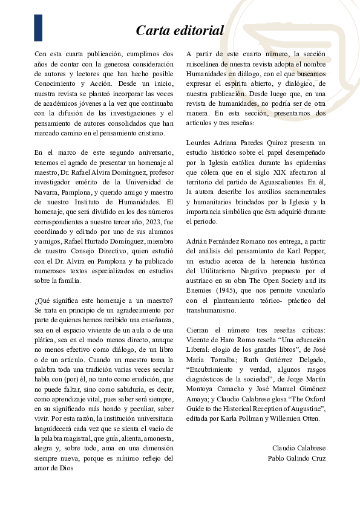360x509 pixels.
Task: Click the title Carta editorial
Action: pos(180,30)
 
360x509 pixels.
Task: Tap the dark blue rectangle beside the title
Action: pos(38,28)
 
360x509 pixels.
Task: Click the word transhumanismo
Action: pos(211,310)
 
